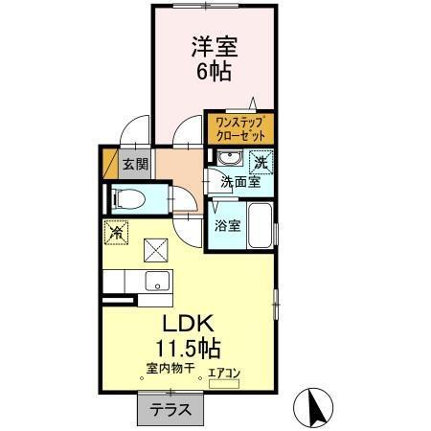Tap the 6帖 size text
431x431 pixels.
point(215,73)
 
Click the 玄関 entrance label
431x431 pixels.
point(135,164)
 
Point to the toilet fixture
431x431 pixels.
point(129,200)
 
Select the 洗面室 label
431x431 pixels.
point(239,181)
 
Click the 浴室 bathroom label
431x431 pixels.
point(227,227)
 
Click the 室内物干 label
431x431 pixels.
point(170,367)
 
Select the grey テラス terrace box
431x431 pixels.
point(170,409)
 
